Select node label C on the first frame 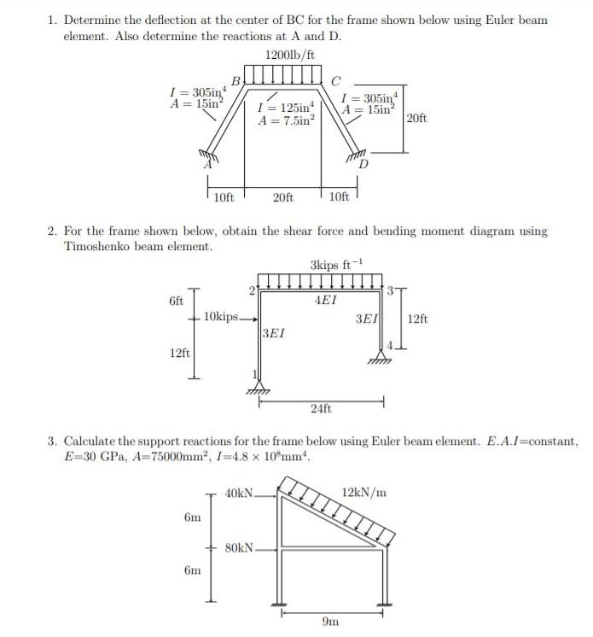(335, 81)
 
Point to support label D (364, 164)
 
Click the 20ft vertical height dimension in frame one (417, 118)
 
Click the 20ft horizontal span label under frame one (282, 197)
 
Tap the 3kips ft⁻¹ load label (334, 263)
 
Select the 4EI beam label (325, 301)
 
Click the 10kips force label (221, 318)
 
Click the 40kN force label (238, 493)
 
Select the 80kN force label (238, 547)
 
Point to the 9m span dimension (330, 622)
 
